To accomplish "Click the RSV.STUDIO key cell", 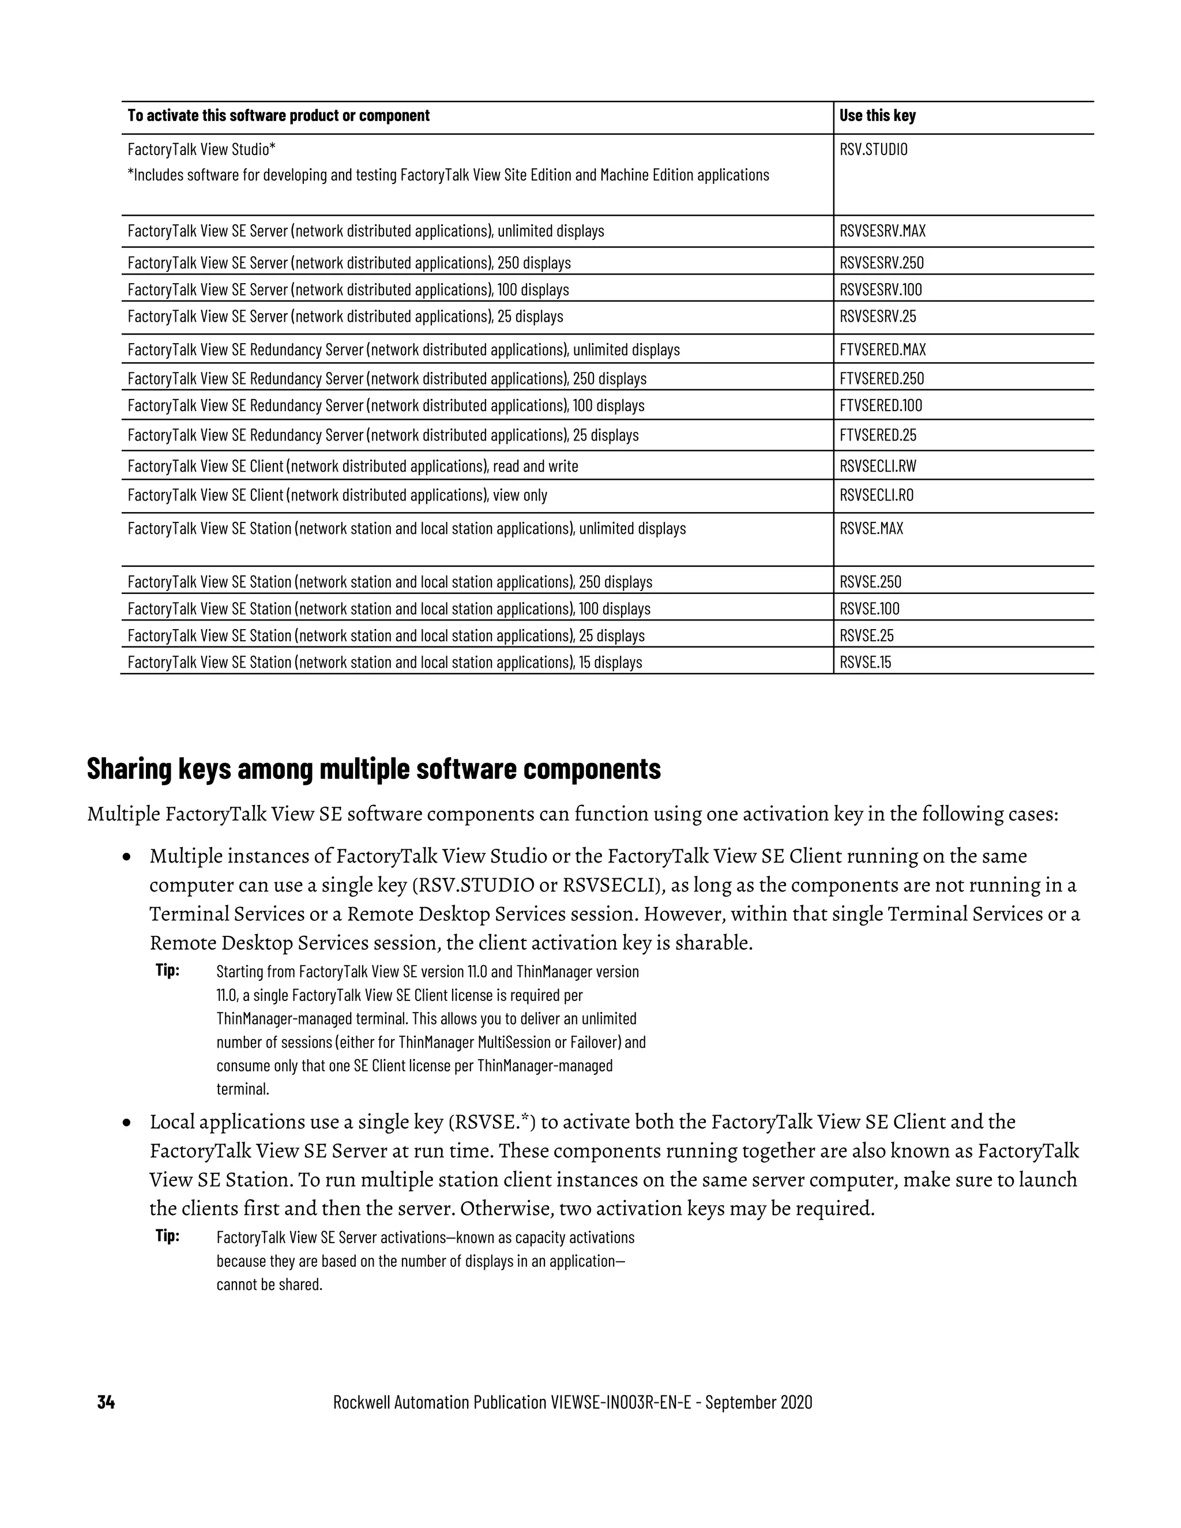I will pyautogui.click(x=873, y=149).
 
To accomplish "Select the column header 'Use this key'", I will pyautogui.click(x=877, y=115).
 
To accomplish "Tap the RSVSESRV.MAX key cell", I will pyautogui.click(x=882, y=231).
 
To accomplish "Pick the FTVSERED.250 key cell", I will pyautogui.click(x=882, y=378).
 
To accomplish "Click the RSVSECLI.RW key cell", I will pyautogui.click(x=877, y=466).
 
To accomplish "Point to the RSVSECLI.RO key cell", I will pyautogui.click(x=876, y=495).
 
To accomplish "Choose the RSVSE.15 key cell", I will pyautogui.click(x=866, y=662).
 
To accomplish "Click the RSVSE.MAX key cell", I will pyautogui.click(x=871, y=528).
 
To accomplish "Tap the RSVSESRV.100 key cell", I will pyautogui.click(x=881, y=289).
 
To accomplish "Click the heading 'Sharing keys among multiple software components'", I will pyautogui.click(x=374, y=769).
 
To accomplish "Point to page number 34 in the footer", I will pyautogui.click(x=106, y=1402).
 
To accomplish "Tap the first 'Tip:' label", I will pyautogui.click(x=167, y=970).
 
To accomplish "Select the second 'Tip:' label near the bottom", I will pyautogui.click(x=167, y=1236).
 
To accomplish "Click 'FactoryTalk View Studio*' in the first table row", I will pyautogui.click(x=201, y=149).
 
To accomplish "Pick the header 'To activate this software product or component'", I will pyautogui.click(x=279, y=115).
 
